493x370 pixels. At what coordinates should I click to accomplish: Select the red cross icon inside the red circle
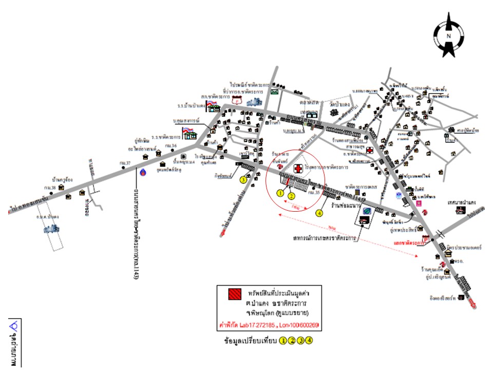click(298, 169)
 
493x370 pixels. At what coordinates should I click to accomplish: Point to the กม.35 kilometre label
click(313, 194)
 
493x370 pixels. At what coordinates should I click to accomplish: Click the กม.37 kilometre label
click(125, 163)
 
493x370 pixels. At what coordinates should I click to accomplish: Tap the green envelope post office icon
click(275, 92)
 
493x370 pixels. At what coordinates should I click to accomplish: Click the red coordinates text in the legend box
click(271, 325)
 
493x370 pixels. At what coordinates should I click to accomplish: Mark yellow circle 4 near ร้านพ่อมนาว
click(319, 212)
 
